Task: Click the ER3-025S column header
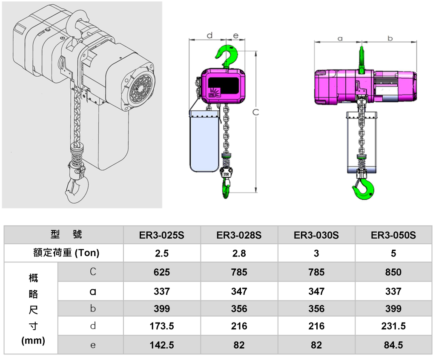pos(162,235)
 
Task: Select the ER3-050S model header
pos(393,235)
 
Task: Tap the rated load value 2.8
pos(239,253)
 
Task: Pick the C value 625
pos(162,272)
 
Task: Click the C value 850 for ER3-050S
pos(393,272)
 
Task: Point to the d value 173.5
pos(162,326)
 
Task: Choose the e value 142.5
pos(162,345)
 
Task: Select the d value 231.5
pos(393,326)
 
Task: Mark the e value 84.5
pos(393,345)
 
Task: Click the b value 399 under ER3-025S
pos(162,308)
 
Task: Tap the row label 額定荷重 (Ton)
pos(66,253)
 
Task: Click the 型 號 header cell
pos(66,234)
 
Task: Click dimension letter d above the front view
pos(209,36)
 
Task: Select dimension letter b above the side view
pos(390,38)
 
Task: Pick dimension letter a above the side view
pos(340,38)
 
